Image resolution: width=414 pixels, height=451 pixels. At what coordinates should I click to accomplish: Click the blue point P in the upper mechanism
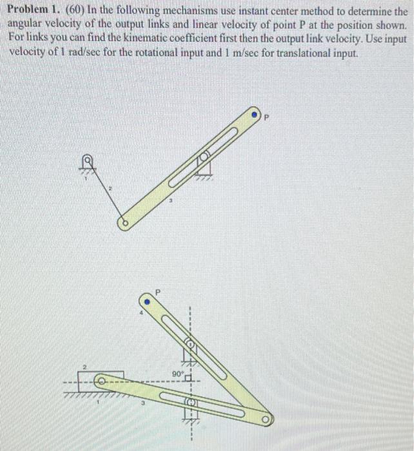pyautogui.click(x=256, y=116)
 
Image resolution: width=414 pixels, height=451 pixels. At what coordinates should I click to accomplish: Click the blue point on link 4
pyautogui.click(x=147, y=301)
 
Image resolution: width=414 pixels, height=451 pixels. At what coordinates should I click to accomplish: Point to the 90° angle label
pyautogui.click(x=177, y=372)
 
